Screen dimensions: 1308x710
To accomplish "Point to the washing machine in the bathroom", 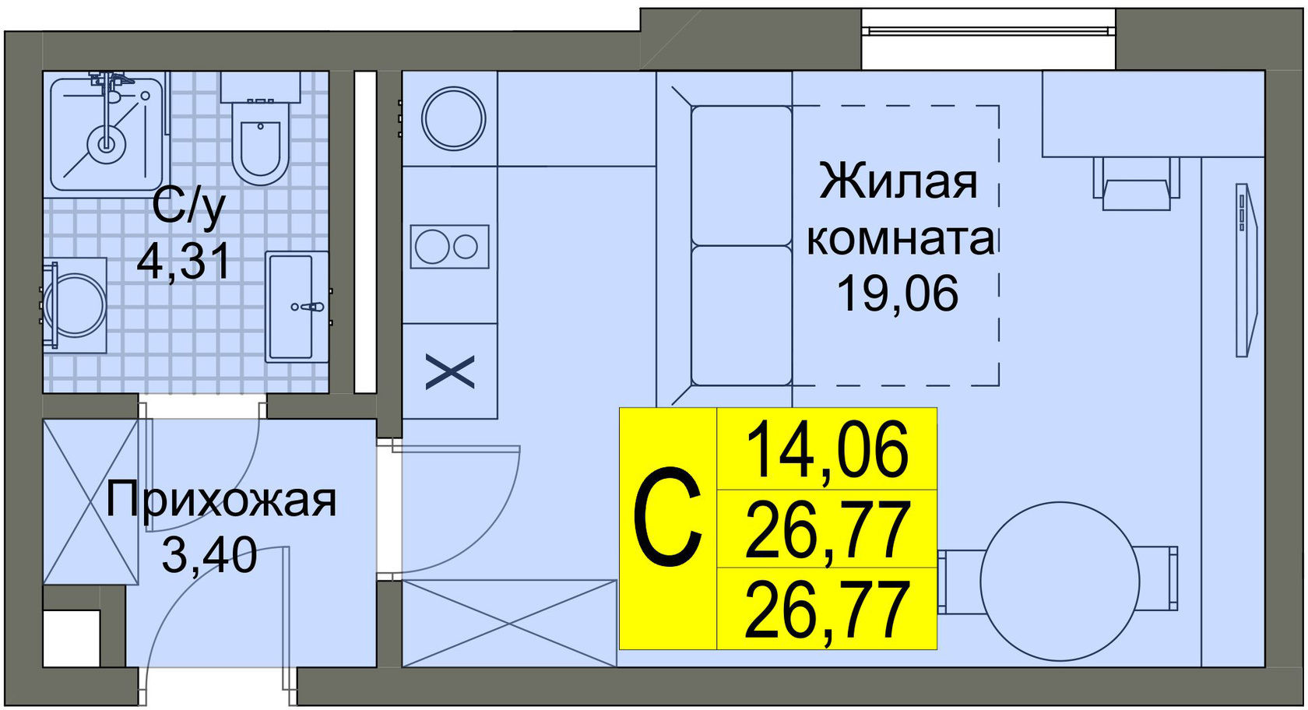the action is pyautogui.click(x=74, y=305).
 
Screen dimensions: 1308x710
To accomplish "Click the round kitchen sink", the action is pyautogui.click(x=453, y=119).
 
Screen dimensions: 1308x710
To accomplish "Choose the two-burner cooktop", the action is pyautogui.click(x=450, y=247).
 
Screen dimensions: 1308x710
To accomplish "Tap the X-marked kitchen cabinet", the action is pyautogui.click(x=450, y=371).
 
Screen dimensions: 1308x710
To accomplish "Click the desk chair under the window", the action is pyautogui.click(x=1136, y=187).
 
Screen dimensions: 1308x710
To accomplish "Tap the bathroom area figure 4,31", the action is pyautogui.click(x=184, y=261).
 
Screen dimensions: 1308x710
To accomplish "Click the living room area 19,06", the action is pyautogui.click(x=897, y=293).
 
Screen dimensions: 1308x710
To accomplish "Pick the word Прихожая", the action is pyautogui.click(x=221, y=501).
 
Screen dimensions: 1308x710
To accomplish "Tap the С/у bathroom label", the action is pyautogui.click(x=189, y=206).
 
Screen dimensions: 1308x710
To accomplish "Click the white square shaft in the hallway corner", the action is pyautogui.click(x=72, y=638).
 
